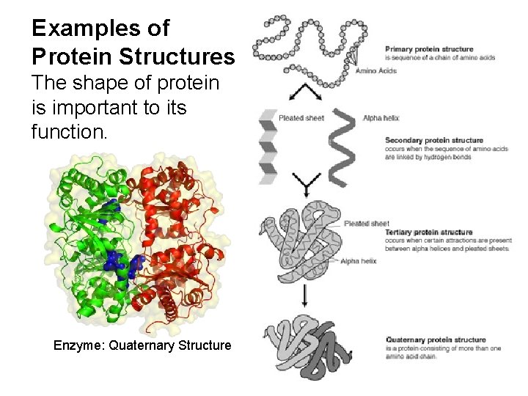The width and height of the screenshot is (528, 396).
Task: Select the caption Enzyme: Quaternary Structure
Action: tap(142, 345)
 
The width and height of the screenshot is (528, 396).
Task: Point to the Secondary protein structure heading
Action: tap(433, 140)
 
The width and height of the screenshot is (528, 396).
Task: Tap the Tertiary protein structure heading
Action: tap(428, 232)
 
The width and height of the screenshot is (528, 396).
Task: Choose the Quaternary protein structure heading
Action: tap(435, 340)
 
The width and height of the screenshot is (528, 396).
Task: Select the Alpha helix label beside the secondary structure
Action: tap(381, 118)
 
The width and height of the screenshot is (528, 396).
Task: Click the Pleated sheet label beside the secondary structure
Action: tap(300, 118)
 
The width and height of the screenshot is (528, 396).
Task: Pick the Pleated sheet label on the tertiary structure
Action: tap(366, 223)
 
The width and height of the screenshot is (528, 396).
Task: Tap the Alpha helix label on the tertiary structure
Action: tap(359, 261)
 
